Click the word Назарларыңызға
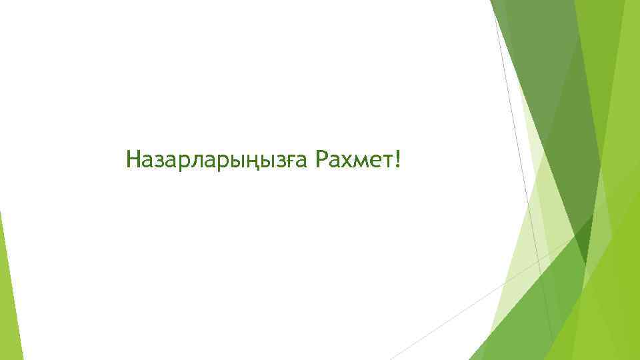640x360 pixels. (x=217, y=160)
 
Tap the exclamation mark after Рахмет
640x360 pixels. (x=399, y=159)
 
